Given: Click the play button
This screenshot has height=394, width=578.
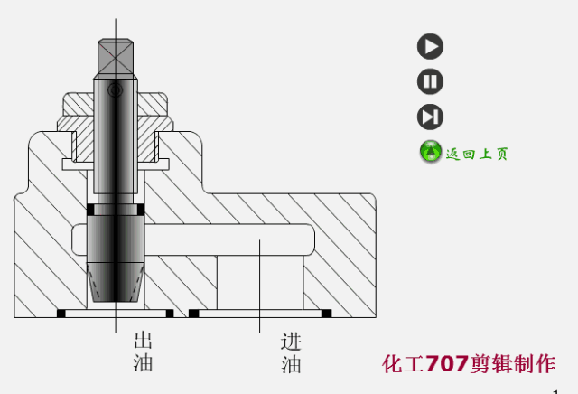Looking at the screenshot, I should [430, 46].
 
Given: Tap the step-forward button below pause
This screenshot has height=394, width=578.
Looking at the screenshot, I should [430, 117].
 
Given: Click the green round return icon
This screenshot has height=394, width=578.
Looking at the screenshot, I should [431, 152].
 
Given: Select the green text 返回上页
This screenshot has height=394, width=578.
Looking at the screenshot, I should [477, 154].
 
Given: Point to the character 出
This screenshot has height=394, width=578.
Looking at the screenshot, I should [143, 342].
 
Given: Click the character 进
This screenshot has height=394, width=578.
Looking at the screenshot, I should [291, 342].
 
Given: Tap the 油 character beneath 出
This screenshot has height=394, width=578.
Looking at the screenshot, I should [143, 363].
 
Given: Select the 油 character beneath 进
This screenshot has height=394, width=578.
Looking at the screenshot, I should [291, 365].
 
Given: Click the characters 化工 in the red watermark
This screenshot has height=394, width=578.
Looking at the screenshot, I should [403, 364].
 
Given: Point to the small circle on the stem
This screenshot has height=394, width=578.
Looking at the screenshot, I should [114, 90].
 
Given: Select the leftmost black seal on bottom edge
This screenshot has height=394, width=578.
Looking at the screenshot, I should [62, 314].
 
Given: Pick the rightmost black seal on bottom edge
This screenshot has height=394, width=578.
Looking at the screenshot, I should [326, 314].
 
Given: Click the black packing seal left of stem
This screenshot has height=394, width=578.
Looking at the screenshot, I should [90, 211].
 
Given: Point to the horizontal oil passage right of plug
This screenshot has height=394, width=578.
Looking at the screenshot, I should [226, 240].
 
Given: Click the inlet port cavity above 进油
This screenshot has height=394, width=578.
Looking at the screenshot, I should [259, 280].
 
